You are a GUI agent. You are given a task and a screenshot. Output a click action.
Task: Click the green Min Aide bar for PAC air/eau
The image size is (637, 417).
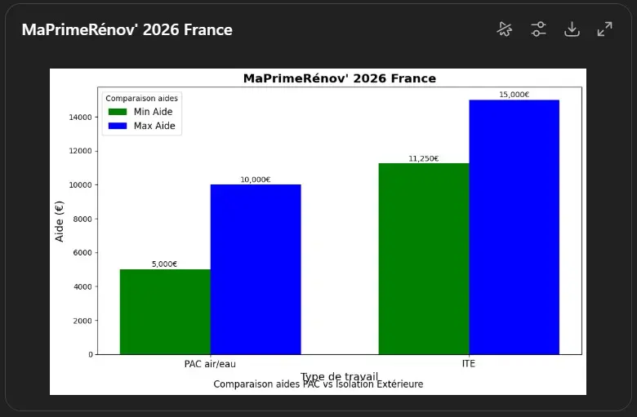[165, 312]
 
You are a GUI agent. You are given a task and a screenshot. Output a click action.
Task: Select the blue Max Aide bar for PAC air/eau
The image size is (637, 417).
[256, 269]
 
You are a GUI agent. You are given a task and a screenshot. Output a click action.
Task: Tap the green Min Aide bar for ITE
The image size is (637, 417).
[424, 259]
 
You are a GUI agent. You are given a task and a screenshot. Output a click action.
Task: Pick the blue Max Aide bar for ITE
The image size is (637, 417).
[514, 227]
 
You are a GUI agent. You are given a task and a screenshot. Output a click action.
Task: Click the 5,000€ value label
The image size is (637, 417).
[164, 264]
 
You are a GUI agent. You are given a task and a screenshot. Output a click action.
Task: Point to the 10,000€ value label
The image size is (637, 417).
[256, 180]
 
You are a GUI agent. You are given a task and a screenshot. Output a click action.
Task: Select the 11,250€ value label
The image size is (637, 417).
[423, 158]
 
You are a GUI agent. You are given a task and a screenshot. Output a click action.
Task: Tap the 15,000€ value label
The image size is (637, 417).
[514, 95]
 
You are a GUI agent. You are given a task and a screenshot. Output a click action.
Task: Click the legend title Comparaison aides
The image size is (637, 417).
[142, 98]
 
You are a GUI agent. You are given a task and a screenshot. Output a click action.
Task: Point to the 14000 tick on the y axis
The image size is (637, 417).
[79, 118]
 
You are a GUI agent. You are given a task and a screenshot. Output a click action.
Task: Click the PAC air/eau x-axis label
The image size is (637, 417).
[210, 364]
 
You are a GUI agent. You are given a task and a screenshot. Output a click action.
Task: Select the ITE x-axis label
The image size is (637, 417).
[469, 364]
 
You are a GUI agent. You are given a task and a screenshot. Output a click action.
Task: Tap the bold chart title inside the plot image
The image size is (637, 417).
[339, 78]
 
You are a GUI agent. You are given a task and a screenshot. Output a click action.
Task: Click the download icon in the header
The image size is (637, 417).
[572, 29]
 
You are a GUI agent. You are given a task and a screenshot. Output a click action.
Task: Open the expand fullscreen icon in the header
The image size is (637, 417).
[604, 29]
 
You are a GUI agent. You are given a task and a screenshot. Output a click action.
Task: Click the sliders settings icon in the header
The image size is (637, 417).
[538, 29]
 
